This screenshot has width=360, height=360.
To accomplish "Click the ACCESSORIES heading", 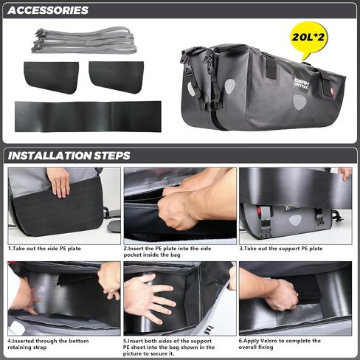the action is [x=48, y=10].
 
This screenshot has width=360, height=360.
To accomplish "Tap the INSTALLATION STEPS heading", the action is [x=69, y=156].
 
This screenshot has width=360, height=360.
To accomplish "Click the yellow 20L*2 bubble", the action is [x=308, y=38].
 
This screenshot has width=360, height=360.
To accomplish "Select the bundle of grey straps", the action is [x=84, y=41].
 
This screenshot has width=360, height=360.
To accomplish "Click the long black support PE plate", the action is [x=88, y=117].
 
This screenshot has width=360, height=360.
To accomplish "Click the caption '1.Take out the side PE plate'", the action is [x=44, y=249].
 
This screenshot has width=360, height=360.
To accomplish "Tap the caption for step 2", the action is [x=167, y=252].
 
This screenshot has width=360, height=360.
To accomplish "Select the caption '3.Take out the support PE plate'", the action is [x=281, y=249].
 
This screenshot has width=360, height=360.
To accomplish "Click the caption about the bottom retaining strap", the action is [x=48, y=344].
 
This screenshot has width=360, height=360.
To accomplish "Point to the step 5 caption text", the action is [x=169, y=347].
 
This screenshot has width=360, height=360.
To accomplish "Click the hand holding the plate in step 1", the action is [x=58, y=182].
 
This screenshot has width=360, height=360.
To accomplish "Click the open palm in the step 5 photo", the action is [x=149, y=297].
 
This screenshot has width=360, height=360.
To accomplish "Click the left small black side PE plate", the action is [x=51, y=77].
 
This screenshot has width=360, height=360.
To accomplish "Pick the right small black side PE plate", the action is [x=116, y=77].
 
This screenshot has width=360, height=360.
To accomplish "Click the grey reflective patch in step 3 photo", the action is [x=295, y=220].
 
